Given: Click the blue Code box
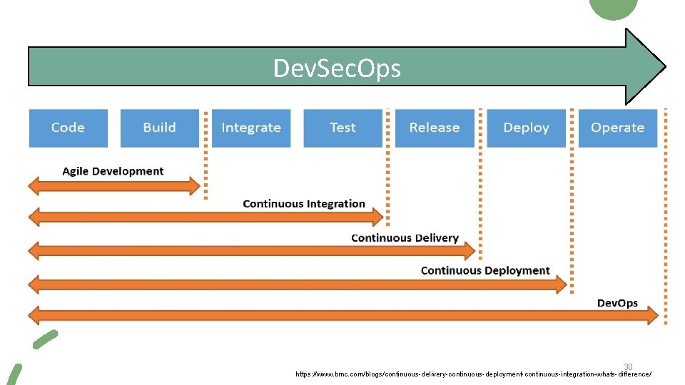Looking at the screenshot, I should click(x=68, y=128).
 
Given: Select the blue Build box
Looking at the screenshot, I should click(x=159, y=128).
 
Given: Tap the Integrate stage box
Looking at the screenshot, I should click(x=251, y=128).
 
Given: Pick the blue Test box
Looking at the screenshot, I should click(x=342, y=128).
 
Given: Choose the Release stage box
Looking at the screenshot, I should click(x=434, y=128).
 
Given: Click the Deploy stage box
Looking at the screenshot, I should click(x=526, y=128).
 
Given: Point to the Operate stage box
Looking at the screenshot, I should click(x=617, y=128).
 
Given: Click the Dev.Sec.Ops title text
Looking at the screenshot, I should click(x=337, y=68).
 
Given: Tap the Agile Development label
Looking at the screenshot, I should click(x=113, y=171).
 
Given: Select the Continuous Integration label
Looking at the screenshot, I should click(x=304, y=204).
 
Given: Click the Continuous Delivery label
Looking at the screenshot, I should click(x=405, y=238).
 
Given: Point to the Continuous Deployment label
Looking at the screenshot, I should click(x=485, y=271).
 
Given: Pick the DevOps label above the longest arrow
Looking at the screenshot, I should click(x=617, y=303).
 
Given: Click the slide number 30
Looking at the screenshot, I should click(x=628, y=366).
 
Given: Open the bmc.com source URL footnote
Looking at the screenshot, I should click(x=473, y=374).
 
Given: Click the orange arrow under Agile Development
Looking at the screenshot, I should click(x=114, y=187).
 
